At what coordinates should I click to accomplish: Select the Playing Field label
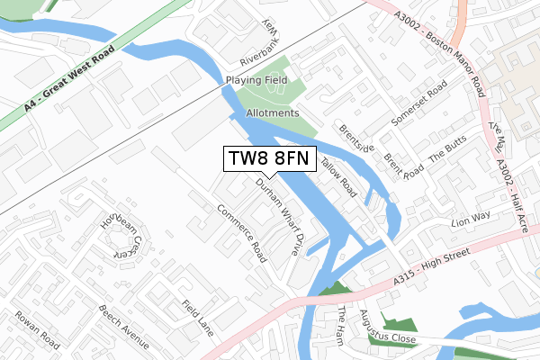point(256,80)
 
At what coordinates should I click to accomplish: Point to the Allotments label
point(271,113)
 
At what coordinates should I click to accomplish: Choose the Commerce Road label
point(241,233)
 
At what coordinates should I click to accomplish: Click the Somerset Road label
point(419,103)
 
